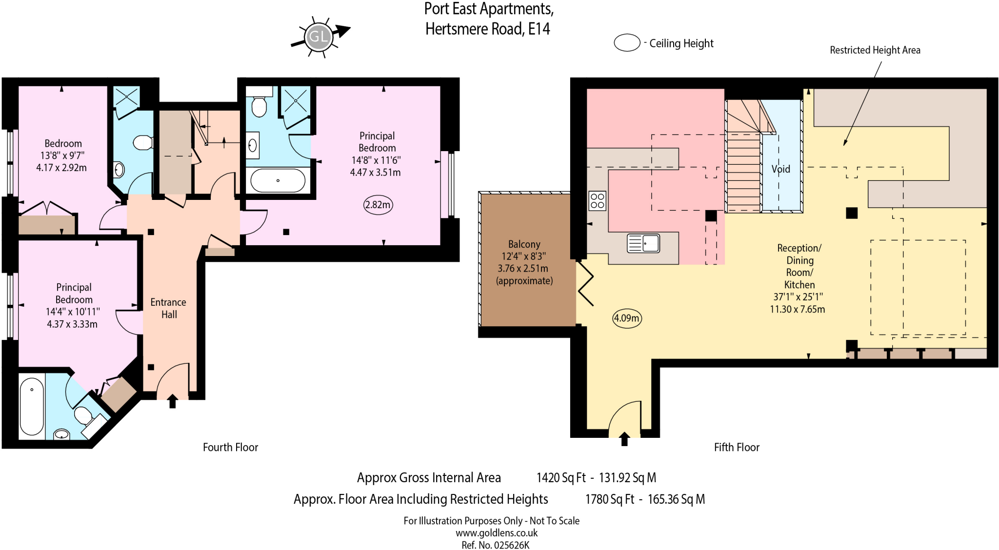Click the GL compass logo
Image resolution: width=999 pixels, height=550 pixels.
pyautogui.click(x=319, y=36)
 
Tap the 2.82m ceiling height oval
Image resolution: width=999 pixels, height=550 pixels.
pyautogui.click(x=378, y=205)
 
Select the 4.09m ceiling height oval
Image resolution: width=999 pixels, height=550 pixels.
pyautogui.click(x=627, y=318)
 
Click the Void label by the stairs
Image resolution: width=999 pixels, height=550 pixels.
pyautogui.click(x=780, y=169)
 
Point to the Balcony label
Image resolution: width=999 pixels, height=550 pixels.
pyautogui.click(x=524, y=244)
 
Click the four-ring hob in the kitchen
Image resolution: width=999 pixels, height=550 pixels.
pyautogui.click(x=598, y=200)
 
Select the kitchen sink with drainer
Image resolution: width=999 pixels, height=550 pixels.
pyautogui.click(x=643, y=243)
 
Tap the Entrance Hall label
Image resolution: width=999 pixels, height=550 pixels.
pyautogui.click(x=168, y=308)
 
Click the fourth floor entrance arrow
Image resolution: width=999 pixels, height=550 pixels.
pyautogui.click(x=172, y=401)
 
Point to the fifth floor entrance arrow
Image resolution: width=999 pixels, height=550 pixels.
pyautogui.click(x=624, y=438)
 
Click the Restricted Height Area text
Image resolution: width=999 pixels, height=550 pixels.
pyautogui.click(x=875, y=50)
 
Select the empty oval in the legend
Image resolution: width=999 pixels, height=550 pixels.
pyautogui.click(x=627, y=43)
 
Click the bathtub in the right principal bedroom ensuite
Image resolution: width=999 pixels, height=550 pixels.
pyautogui.click(x=278, y=180)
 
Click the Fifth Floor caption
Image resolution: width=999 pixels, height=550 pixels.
pyautogui.click(x=737, y=447)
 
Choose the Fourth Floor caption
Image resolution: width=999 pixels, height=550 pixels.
pyautogui.click(x=230, y=447)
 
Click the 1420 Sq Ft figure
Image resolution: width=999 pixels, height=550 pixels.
pyautogui.click(x=561, y=477)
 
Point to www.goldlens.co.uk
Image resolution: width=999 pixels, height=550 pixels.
pyautogui.click(x=497, y=533)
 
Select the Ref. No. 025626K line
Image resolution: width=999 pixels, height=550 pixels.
pyautogui.click(x=496, y=545)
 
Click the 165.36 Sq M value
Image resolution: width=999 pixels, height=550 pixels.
pyautogui.click(x=676, y=499)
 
